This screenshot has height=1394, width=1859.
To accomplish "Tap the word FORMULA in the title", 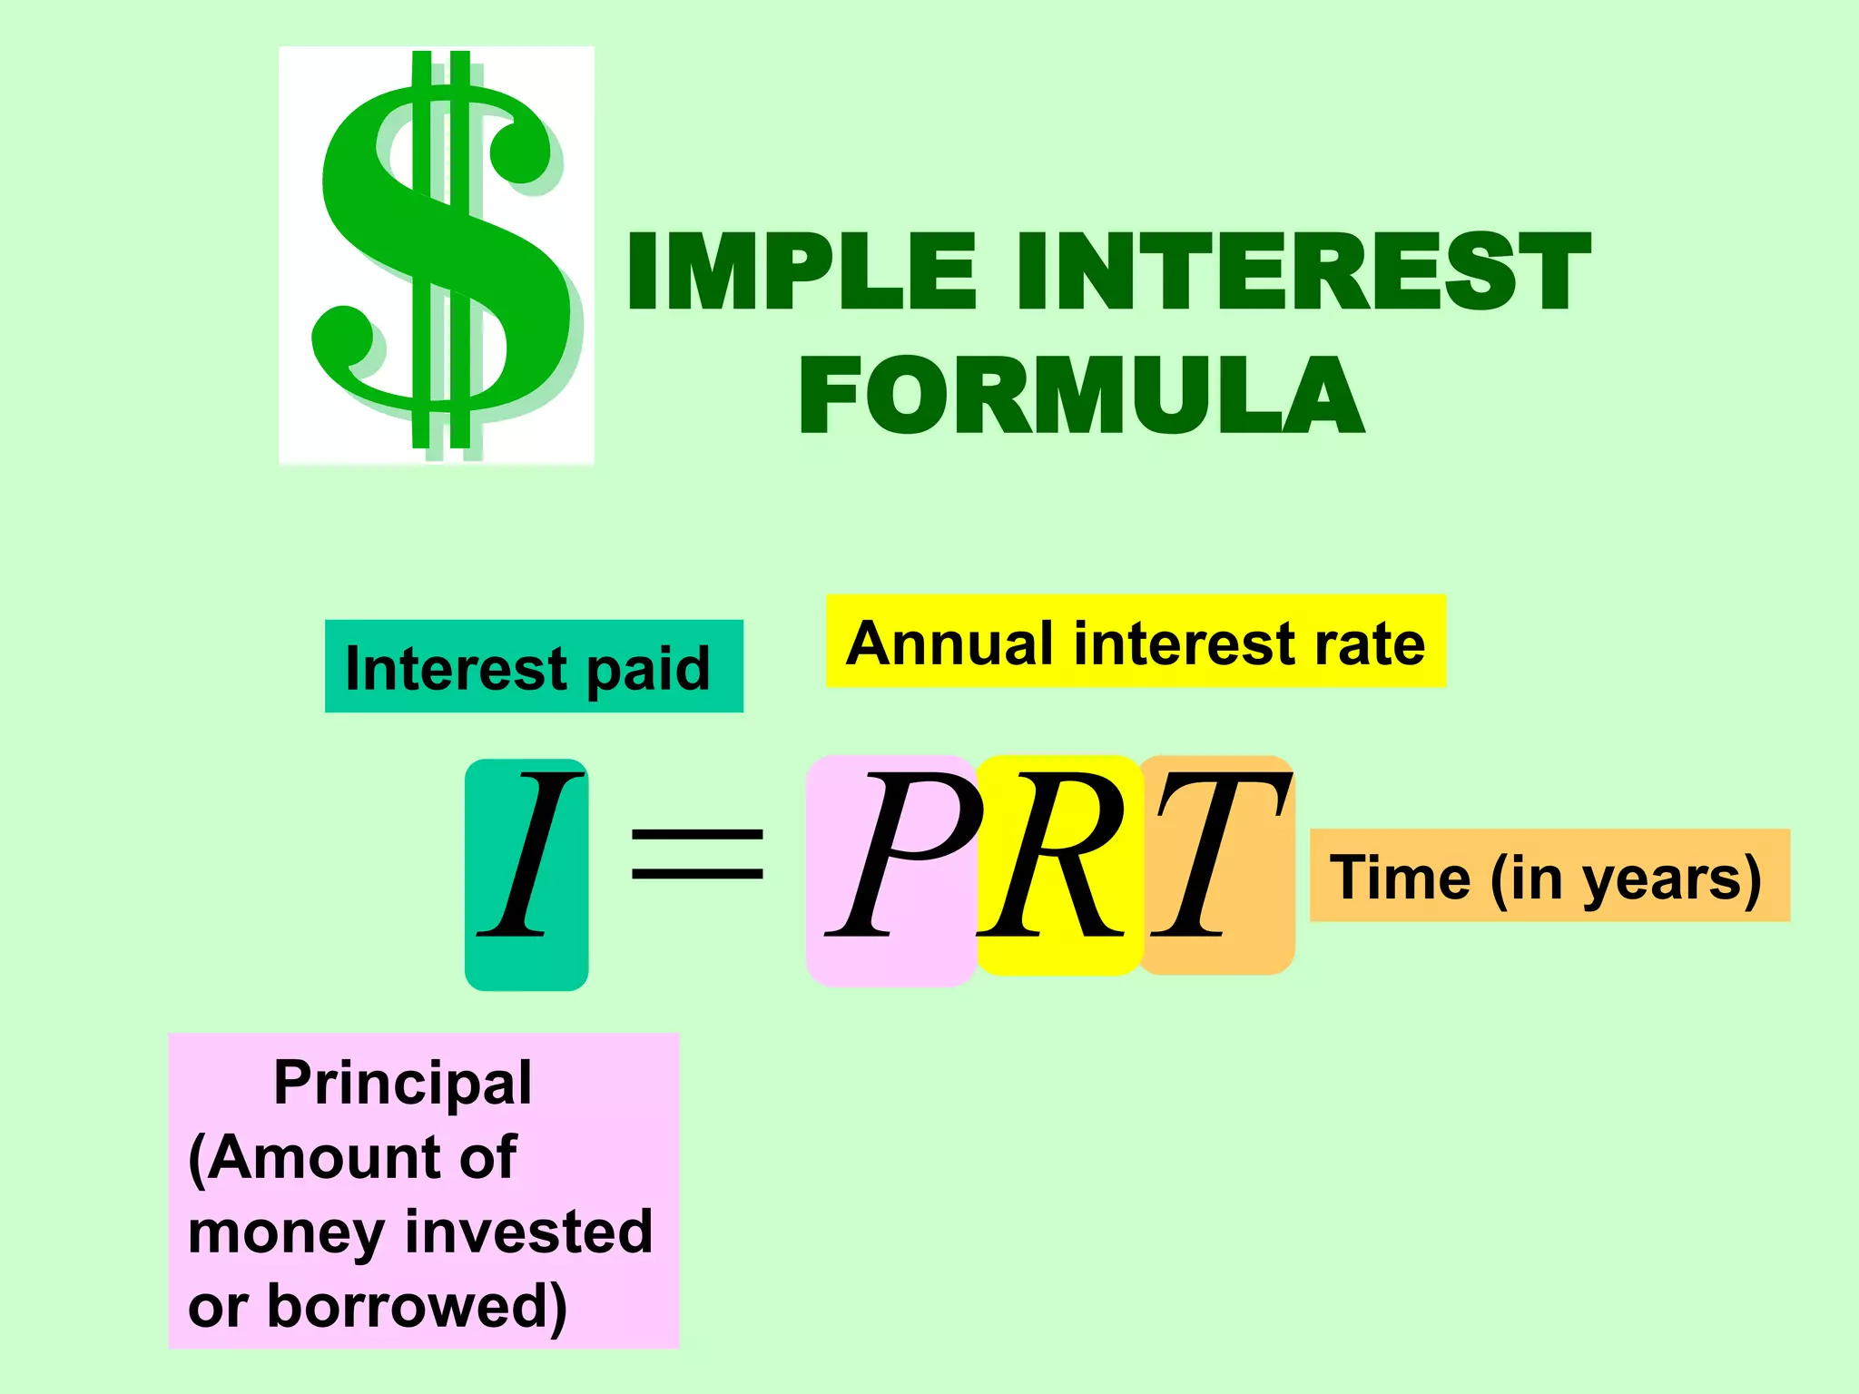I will point(1080,396).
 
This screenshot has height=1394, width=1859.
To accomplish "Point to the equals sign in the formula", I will point(697,854).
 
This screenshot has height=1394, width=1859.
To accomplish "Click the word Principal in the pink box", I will point(402,1085).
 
